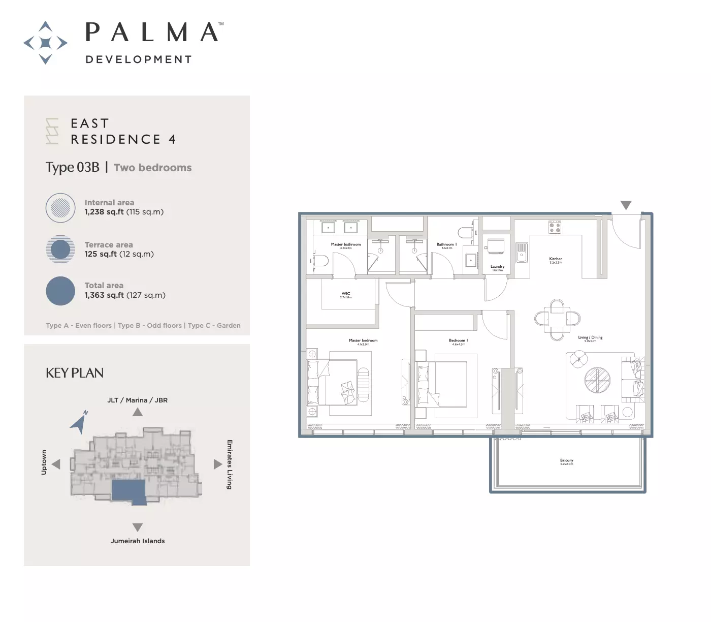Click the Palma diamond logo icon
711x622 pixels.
tap(46, 43)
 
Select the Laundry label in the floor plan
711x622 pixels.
tap(497, 267)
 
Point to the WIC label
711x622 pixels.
tap(346, 294)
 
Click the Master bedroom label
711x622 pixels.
tap(363, 341)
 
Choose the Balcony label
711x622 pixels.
tap(566, 461)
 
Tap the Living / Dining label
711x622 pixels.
tap(590, 338)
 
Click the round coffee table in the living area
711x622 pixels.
tap(597, 380)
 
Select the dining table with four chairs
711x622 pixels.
tap(557, 319)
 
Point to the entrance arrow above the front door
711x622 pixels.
tap(626, 205)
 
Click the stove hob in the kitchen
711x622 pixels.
tap(555, 227)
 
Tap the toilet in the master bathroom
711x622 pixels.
tap(320, 261)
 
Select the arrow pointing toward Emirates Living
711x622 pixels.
tap(218, 464)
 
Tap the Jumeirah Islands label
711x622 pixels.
tap(138, 541)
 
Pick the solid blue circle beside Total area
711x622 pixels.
tap(60, 291)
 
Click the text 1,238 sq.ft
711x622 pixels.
tap(104, 212)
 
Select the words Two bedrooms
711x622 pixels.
tap(152, 168)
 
